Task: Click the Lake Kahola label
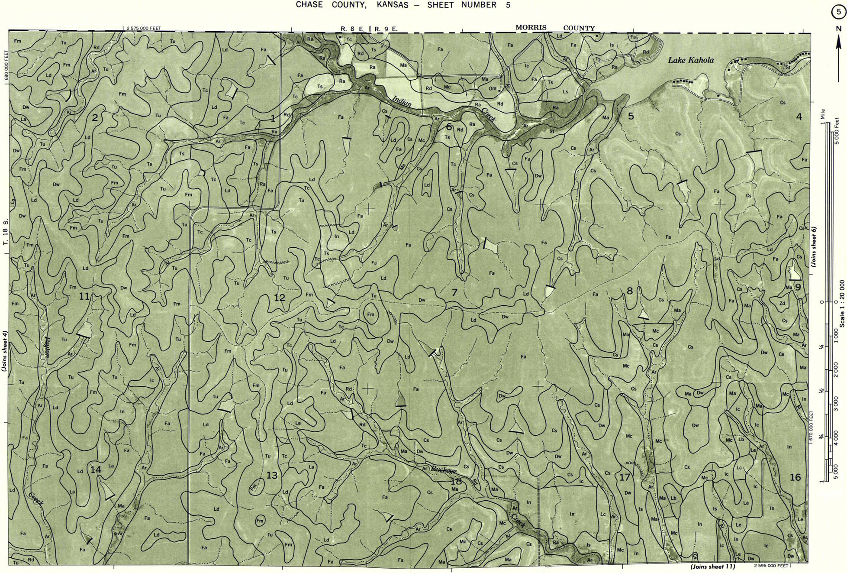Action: [690, 60]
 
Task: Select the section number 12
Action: [279, 298]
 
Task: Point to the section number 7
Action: [454, 293]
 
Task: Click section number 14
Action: [96, 470]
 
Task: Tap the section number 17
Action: [624, 478]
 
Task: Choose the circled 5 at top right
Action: [838, 12]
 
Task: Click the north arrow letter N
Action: [838, 29]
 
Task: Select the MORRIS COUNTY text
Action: [555, 28]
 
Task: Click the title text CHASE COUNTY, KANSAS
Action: [352, 5]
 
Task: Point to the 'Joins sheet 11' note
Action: [712, 566]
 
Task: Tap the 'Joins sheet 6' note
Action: [813, 246]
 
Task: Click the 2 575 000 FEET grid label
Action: [143, 28]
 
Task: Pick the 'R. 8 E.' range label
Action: [353, 29]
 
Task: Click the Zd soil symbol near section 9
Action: [782, 304]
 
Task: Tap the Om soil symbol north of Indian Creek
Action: [493, 89]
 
